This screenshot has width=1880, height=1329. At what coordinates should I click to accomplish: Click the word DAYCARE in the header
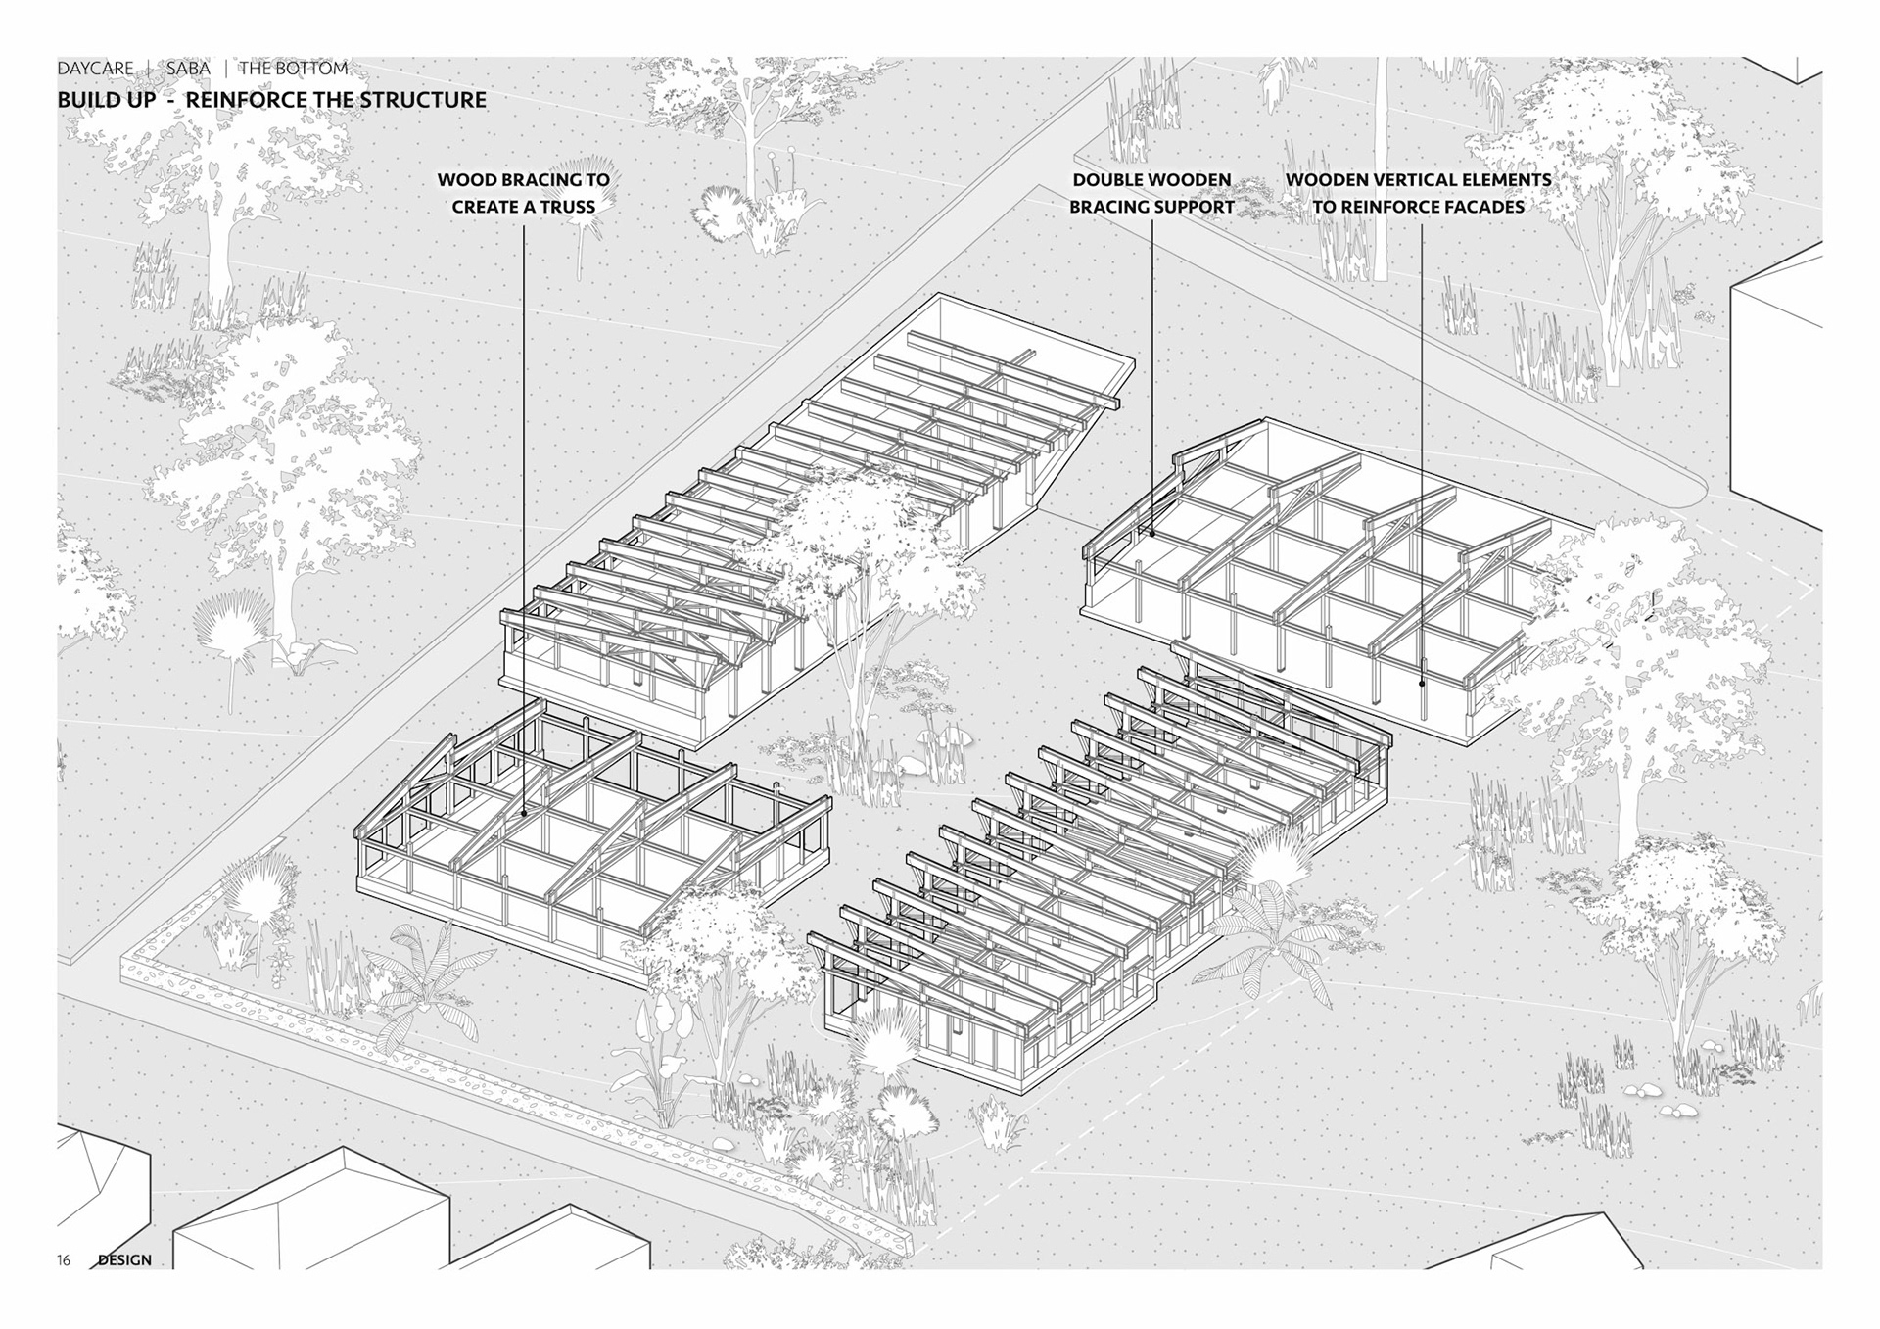tap(95, 69)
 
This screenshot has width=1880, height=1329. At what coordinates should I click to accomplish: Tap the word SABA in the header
tap(188, 69)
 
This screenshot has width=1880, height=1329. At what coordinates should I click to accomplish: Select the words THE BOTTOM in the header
tap(294, 69)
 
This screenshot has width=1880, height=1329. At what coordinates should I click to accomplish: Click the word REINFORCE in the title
tap(246, 100)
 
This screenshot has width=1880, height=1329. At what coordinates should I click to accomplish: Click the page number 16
tap(64, 1260)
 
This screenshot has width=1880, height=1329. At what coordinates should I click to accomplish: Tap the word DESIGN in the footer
tap(124, 1260)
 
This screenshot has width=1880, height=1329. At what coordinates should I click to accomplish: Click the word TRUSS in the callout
tap(567, 208)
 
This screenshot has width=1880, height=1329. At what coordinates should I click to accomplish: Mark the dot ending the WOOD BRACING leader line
tap(524, 812)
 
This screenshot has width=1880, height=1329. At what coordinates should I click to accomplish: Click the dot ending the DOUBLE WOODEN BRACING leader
tap(1152, 534)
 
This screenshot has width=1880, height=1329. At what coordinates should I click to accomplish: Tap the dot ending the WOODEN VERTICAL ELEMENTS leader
tap(1423, 683)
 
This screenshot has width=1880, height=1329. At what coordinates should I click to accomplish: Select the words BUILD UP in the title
tap(106, 100)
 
